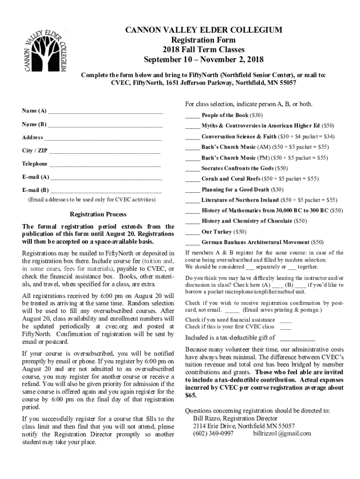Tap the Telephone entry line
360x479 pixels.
[105, 164]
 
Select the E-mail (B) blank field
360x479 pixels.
[106, 190]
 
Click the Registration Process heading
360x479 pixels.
[98, 215]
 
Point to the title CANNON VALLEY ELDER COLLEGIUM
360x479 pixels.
[203, 31]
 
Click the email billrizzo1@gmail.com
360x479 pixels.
[282, 434]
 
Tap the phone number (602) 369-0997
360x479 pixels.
[213, 434]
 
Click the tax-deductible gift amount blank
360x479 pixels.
[297, 338]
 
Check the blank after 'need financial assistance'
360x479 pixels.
[285, 320]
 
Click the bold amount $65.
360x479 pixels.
[191, 396]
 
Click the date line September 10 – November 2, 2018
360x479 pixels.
[203, 60]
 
